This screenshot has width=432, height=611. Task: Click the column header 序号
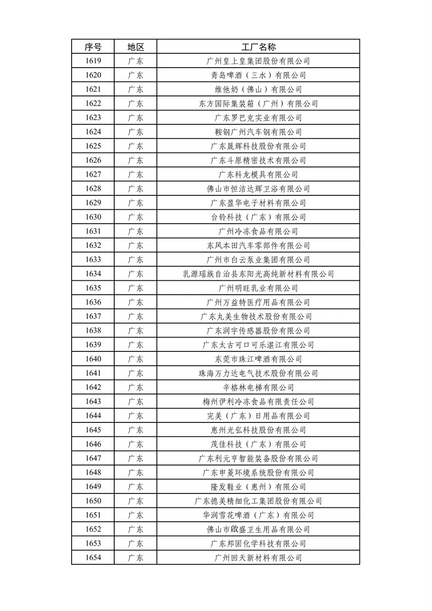[93, 47]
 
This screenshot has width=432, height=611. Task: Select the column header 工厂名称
[258, 47]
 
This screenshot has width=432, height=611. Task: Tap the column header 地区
[135, 47]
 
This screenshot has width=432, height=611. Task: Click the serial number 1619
[93, 61]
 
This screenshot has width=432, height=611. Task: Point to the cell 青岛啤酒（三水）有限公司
[258, 75]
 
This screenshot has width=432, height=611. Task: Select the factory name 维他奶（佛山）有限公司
[258, 89]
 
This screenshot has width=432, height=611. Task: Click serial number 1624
[93, 132]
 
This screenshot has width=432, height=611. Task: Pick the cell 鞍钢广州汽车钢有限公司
[258, 132]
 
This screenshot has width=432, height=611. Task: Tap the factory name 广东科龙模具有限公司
[258, 175]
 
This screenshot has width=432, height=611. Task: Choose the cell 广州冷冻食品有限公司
[258, 231]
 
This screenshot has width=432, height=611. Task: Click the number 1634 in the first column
[93, 274]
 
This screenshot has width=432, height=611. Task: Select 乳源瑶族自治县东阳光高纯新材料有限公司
[258, 274]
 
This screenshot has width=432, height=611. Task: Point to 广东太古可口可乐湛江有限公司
[258, 345]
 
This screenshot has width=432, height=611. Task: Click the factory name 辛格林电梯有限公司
[258, 387]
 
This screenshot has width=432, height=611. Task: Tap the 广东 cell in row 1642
[135, 387]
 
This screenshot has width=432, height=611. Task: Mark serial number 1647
[93, 458]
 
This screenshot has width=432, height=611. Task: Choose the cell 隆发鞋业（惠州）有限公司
[258, 487]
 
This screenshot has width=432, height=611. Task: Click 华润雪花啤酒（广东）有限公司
[258, 515]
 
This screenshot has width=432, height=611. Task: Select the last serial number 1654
[93, 558]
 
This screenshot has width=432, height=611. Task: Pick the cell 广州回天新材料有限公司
[258, 558]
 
